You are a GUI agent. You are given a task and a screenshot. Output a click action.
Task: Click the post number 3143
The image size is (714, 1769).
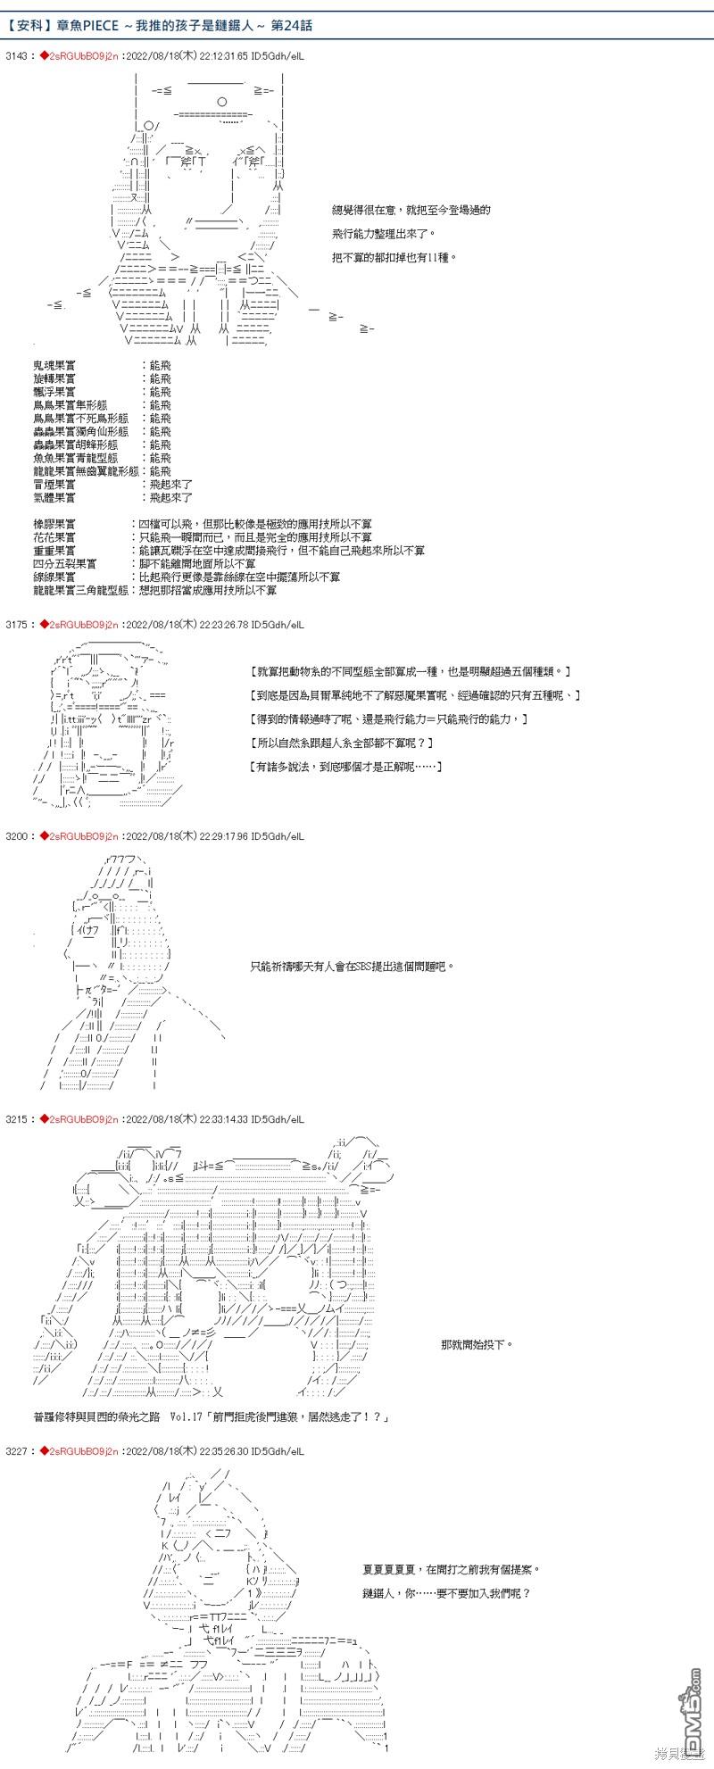pyautogui.click(x=16, y=55)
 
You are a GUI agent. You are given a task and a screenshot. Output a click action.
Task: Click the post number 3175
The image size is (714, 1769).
pyautogui.click(x=16, y=625)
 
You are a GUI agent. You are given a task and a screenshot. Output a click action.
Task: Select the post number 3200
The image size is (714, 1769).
pyautogui.click(x=16, y=836)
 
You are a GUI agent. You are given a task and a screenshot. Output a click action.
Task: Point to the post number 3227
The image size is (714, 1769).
pyautogui.click(x=16, y=1451)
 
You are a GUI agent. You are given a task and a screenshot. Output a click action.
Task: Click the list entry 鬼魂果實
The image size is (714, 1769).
pyautogui.click(x=54, y=366)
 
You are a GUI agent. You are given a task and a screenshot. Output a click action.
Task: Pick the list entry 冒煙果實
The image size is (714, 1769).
pyautogui.click(x=54, y=484)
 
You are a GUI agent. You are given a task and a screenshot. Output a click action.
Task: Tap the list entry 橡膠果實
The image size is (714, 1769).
pyautogui.click(x=54, y=524)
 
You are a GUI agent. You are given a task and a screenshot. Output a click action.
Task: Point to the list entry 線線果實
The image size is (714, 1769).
pyautogui.click(x=54, y=577)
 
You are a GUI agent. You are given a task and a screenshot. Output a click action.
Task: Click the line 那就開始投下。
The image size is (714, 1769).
pyautogui.click(x=477, y=1344)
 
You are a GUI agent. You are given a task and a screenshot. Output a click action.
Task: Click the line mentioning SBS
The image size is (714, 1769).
pyautogui.click(x=353, y=966)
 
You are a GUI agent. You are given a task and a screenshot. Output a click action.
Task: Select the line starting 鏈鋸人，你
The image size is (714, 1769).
pyautogui.click(x=446, y=1592)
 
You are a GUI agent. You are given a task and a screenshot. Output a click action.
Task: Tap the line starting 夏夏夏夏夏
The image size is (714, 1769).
pyautogui.click(x=452, y=1568)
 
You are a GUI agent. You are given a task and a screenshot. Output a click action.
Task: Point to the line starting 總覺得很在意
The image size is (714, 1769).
pyautogui.click(x=411, y=210)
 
